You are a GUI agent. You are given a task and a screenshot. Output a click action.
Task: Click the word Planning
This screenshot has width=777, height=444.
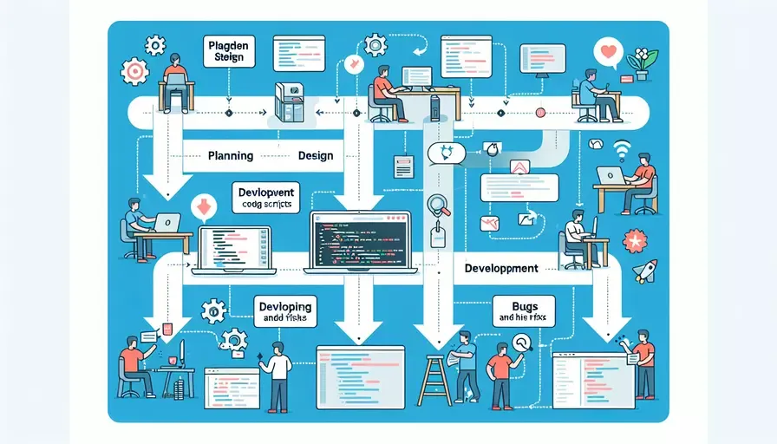[x=231, y=156]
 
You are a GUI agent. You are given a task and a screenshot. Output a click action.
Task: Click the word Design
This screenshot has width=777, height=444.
[x=315, y=156]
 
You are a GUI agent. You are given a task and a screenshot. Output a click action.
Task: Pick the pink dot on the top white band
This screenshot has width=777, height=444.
[x=539, y=112]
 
